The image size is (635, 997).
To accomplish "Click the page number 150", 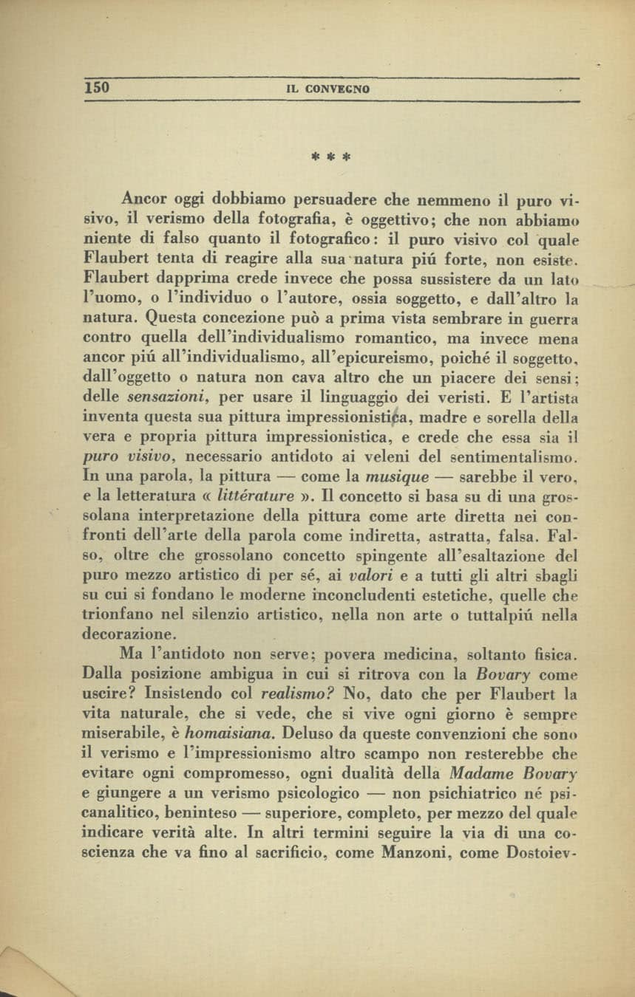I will (x=97, y=87).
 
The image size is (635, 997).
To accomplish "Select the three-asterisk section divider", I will (x=330, y=157).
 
